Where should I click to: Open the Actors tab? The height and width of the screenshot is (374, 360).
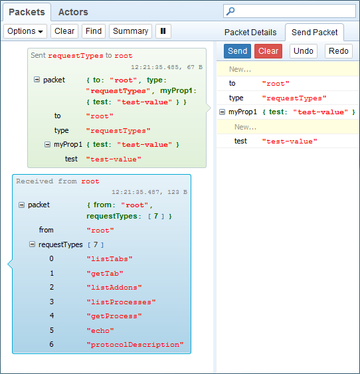point(73,12)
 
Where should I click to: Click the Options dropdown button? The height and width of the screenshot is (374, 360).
point(25,31)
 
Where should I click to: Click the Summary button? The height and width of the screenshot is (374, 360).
point(130,31)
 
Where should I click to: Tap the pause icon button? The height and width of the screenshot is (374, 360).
point(163,31)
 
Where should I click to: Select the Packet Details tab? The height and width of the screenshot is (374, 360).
point(250,32)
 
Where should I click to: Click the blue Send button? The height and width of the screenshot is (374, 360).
point(237,51)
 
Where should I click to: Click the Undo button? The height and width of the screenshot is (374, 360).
point(304,51)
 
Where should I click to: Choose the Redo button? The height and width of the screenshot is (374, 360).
point(339,51)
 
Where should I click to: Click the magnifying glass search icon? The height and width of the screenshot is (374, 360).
point(230,11)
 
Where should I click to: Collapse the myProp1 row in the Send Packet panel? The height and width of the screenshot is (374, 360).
point(222,112)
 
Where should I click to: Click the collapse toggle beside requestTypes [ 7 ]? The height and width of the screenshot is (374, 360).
point(32,244)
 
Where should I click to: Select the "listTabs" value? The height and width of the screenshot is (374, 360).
point(110,259)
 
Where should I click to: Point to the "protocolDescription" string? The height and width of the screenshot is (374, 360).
point(135,345)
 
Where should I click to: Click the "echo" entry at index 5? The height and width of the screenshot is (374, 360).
point(100,331)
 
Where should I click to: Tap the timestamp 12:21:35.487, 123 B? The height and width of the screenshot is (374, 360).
point(149,192)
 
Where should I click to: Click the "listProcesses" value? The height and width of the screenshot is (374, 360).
point(121,302)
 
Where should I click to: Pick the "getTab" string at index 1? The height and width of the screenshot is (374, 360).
point(105,273)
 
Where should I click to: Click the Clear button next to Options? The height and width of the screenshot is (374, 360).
point(64,31)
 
